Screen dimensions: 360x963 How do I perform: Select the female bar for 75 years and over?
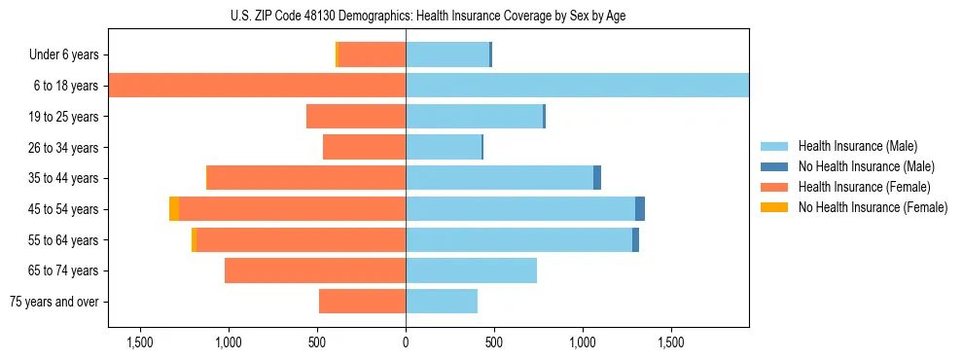click(362, 302)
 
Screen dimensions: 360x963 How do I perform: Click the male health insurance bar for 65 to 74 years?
click(471, 270)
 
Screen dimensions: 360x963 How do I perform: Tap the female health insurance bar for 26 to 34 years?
click(364, 147)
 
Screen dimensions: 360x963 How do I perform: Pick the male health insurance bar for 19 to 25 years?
click(474, 117)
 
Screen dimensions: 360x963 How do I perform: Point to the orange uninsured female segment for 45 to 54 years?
click(173, 209)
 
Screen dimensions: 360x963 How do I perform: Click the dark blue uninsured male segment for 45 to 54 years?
click(640, 209)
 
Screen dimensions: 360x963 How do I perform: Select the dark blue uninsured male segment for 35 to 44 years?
click(597, 178)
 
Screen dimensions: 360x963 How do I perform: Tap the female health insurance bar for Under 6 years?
click(372, 54)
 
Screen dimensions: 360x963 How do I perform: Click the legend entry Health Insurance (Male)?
click(857, 146)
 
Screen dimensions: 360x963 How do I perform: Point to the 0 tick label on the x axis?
click(406, 342)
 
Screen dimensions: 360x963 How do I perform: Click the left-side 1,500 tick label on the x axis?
click(140, 342)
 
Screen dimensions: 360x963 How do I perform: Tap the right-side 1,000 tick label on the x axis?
click(583, 342)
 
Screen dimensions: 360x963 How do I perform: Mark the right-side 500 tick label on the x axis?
click(494, 342)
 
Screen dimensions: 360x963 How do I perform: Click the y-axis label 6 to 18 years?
click(64, 86)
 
